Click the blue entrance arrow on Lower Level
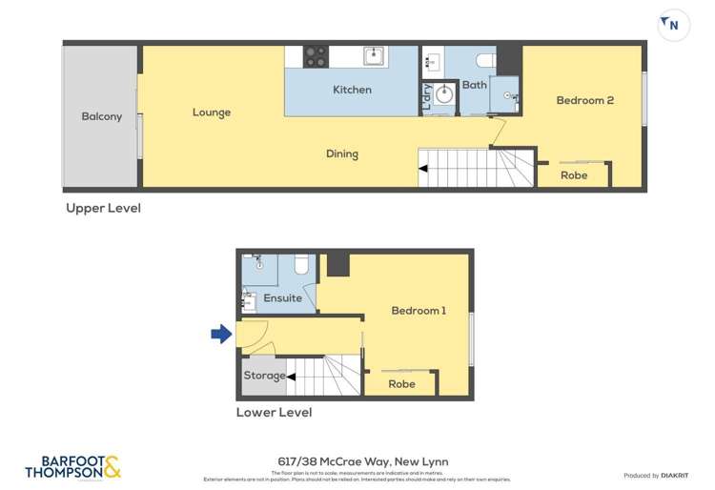221,334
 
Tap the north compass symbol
670,24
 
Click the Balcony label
102,116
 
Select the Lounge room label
212,112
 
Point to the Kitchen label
352,90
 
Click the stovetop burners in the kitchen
316,56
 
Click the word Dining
342,153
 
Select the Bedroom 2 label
584,100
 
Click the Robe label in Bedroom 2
574,175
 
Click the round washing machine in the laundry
443,95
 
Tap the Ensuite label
283,298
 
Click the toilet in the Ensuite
302,265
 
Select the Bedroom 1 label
419,311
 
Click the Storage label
263,376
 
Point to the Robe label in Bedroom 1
402,384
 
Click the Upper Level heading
103,208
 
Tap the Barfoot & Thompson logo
73,467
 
